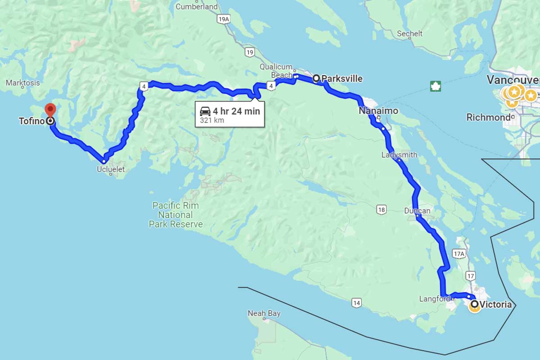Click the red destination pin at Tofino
50,109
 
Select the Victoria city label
495,305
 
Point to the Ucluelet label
111,170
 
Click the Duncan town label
417,211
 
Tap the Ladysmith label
399,155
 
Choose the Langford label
434,299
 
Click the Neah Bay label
264,313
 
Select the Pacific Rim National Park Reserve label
175,215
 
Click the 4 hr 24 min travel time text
236,111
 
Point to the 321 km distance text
212,121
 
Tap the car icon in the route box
205,111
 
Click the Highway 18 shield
382,209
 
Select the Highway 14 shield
356,303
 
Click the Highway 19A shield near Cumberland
223,19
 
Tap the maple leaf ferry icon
436,86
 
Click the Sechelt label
409,34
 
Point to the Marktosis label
23,83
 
